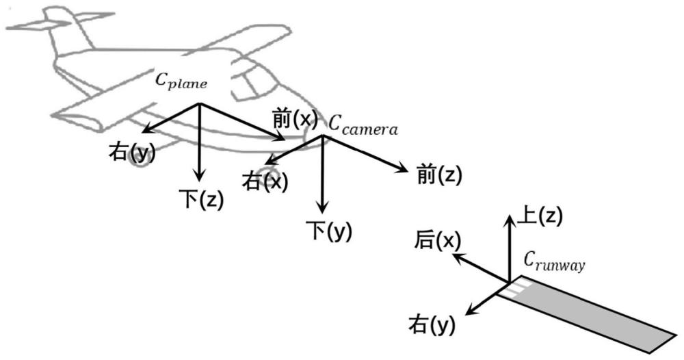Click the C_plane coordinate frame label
(181, 81)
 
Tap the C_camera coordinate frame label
(363, 126)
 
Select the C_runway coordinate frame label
(554, 262)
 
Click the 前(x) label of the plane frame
(293, 118)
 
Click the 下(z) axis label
(201, 198)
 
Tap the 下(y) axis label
(330, 231)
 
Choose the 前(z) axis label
(439, 175)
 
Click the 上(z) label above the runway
(540, 216)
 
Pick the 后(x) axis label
(437, 240)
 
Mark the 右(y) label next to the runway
(432, 325)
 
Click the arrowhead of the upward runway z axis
(509, 218)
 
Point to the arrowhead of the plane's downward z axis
(199, 177)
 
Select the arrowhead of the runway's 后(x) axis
(456, 257)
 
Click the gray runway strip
(589, 314)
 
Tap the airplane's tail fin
(66, 26)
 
